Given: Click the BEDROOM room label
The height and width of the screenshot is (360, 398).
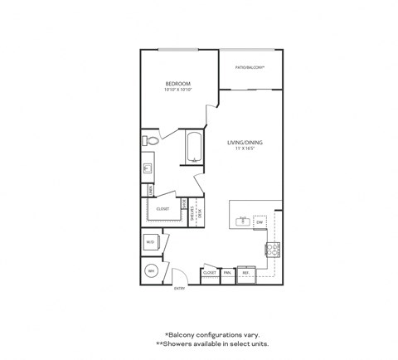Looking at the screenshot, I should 178,84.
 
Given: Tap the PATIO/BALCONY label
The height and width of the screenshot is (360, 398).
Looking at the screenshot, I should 250,66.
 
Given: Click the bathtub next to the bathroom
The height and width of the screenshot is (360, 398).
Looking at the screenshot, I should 194,148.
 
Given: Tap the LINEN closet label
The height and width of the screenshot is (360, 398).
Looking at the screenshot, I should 150,190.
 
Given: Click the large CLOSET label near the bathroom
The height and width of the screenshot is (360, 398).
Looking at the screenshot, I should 163,209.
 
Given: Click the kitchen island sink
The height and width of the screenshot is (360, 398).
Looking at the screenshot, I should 241,221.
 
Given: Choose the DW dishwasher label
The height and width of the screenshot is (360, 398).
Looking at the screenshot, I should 260,222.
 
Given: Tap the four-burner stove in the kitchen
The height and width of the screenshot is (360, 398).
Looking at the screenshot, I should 273,248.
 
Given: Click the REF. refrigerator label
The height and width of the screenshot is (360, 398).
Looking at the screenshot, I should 246,272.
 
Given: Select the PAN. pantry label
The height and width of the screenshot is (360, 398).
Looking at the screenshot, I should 227,272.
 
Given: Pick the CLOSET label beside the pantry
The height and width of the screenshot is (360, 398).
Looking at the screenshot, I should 209,272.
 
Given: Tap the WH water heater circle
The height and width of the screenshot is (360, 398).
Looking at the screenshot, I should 152,271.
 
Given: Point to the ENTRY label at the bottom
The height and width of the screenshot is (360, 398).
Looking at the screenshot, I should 178,288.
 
